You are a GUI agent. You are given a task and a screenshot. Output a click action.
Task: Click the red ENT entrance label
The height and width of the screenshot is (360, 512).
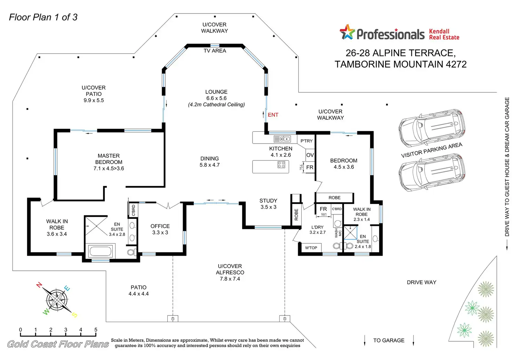pos(273,115)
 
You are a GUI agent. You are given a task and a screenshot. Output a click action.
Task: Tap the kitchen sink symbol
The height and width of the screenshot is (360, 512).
pos(282,139)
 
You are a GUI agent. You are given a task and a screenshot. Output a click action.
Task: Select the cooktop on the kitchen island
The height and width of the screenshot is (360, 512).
pos(281,165)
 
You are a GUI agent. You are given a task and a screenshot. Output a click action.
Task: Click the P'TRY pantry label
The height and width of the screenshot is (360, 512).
pos(306,141)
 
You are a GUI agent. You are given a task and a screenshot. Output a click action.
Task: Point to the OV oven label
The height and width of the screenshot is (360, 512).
pos(310,155)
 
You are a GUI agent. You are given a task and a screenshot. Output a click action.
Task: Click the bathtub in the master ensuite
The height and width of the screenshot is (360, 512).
pos(100,251)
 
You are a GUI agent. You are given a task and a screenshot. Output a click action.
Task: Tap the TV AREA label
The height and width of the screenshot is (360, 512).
pos(215,51)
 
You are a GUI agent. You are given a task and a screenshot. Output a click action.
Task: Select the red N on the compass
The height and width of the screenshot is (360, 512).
pos(39,285)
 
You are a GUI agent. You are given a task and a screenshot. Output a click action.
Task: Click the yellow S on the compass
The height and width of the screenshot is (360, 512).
pos(74,315)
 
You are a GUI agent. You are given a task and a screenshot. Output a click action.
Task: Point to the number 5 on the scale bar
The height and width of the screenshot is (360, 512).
pos(96,330)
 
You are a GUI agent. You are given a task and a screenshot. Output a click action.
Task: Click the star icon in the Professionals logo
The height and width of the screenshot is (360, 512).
pos(347,32)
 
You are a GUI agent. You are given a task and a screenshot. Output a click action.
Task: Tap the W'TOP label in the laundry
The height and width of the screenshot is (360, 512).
pos(311,248)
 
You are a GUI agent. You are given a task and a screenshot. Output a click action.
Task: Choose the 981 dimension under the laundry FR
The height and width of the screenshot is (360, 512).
pos(324,215)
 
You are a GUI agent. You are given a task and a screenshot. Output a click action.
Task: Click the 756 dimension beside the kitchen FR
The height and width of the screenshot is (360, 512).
pos(302,167)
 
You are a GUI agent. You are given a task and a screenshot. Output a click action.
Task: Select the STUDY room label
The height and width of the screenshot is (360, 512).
pos(268,201)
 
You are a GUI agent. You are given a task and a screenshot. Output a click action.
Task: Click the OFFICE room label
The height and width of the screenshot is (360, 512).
pos(160,226)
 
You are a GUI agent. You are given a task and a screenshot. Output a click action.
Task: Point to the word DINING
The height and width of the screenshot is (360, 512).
pos(210,158)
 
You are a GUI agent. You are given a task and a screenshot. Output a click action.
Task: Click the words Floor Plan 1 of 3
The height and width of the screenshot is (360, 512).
pos(43,17)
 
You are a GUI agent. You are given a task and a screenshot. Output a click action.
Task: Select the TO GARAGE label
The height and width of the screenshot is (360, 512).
pos(389,341)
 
